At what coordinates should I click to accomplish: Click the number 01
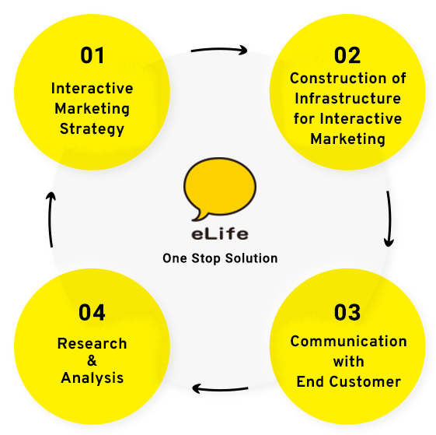point(92,55)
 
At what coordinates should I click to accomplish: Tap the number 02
point(347,55)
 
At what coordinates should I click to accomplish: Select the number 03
point(347,313)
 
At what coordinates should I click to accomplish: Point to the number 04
point(92,313)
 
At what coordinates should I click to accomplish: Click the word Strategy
point(92,129)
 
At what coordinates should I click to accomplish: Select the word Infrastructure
point(347,98)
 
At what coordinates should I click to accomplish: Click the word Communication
point(348,341)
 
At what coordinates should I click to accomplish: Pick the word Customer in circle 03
point(364,381)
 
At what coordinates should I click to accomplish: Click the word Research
point(92,343)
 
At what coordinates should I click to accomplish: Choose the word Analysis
point(92,378)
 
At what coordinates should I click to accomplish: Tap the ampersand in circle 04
point(92,360)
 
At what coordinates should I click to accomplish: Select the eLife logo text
point(220,234)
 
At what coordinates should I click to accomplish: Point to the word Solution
point(251,258)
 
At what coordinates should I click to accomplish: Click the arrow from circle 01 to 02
point(219,50)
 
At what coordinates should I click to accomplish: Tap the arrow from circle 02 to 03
point(389,219)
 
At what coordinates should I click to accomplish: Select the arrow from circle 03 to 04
point(220,389)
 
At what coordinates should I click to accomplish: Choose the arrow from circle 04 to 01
point(50,219)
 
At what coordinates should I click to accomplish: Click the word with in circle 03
point(348,362)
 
